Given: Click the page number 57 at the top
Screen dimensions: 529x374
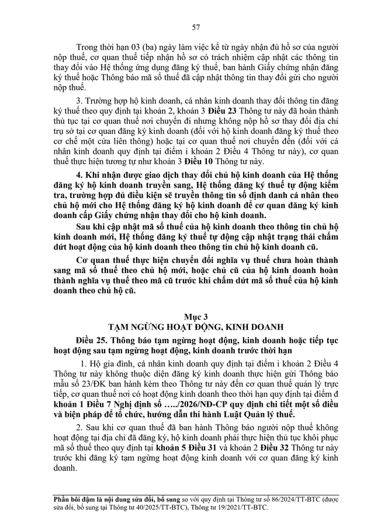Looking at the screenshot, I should (187, 27).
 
